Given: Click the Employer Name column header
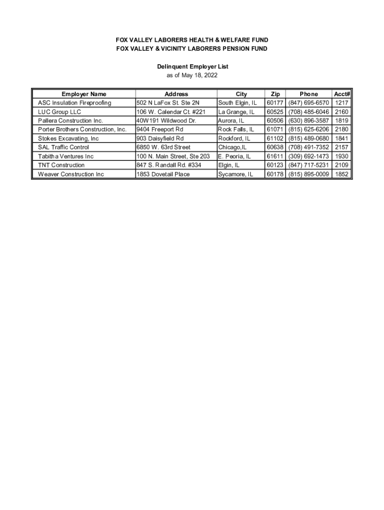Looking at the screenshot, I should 84,94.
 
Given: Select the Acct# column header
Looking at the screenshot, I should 342,94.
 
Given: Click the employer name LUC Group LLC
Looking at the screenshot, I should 59,112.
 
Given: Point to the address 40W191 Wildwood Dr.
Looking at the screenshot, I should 166,121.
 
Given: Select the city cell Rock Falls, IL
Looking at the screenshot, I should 236,129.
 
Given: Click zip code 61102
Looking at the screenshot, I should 275,138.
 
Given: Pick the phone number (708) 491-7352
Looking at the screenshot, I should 308,147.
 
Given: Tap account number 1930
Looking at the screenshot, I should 342,156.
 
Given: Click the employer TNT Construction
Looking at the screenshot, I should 61,165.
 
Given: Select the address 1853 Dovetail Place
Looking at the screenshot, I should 163,174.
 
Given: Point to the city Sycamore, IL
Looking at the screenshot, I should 235,174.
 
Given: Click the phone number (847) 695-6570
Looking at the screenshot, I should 308,103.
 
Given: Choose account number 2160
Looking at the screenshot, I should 342,112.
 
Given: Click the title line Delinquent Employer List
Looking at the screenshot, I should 192,67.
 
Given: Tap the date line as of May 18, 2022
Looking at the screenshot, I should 192,76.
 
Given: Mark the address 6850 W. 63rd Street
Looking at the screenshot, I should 164,147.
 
